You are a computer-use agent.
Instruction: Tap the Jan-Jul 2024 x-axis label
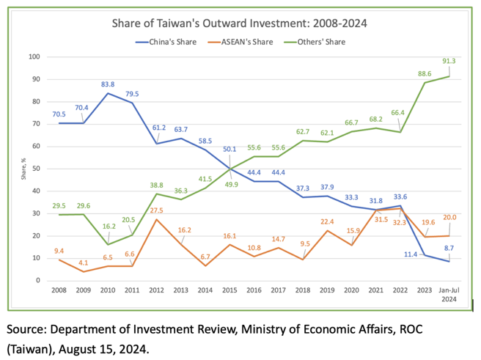click(449, 295)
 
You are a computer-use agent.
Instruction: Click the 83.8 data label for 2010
click(108, 84)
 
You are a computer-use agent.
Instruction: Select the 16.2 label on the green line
click(109, 227)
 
